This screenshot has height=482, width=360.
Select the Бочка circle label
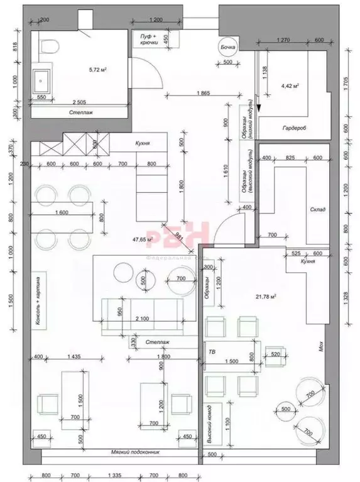(227, 47)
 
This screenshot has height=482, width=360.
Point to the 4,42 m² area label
(290, 85)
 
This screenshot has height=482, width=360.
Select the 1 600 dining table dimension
(61, 212)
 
